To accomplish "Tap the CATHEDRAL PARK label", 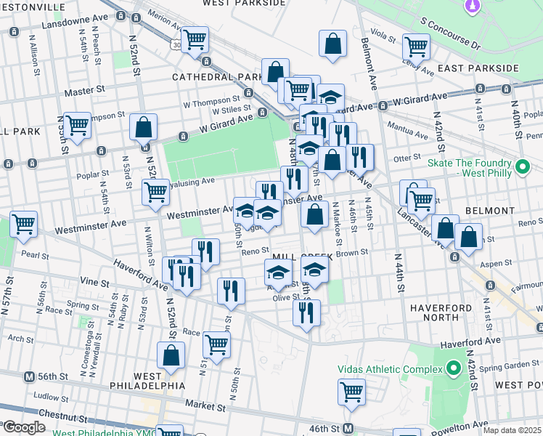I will pyautogui.click(x=216, y=77).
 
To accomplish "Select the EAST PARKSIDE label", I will pyautogui.click(x=484, y=68).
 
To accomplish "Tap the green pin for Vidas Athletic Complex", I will pyautogui.click(x=455, y=367).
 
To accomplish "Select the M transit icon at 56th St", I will pyautogui.click(x=30, y=377).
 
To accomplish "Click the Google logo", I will pyautogui.click(x=24, y=427).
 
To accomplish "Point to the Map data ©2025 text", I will pyautogui.click(x=511, y=430).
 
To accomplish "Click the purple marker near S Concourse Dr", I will pyautogui.click(x=473, y=7).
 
